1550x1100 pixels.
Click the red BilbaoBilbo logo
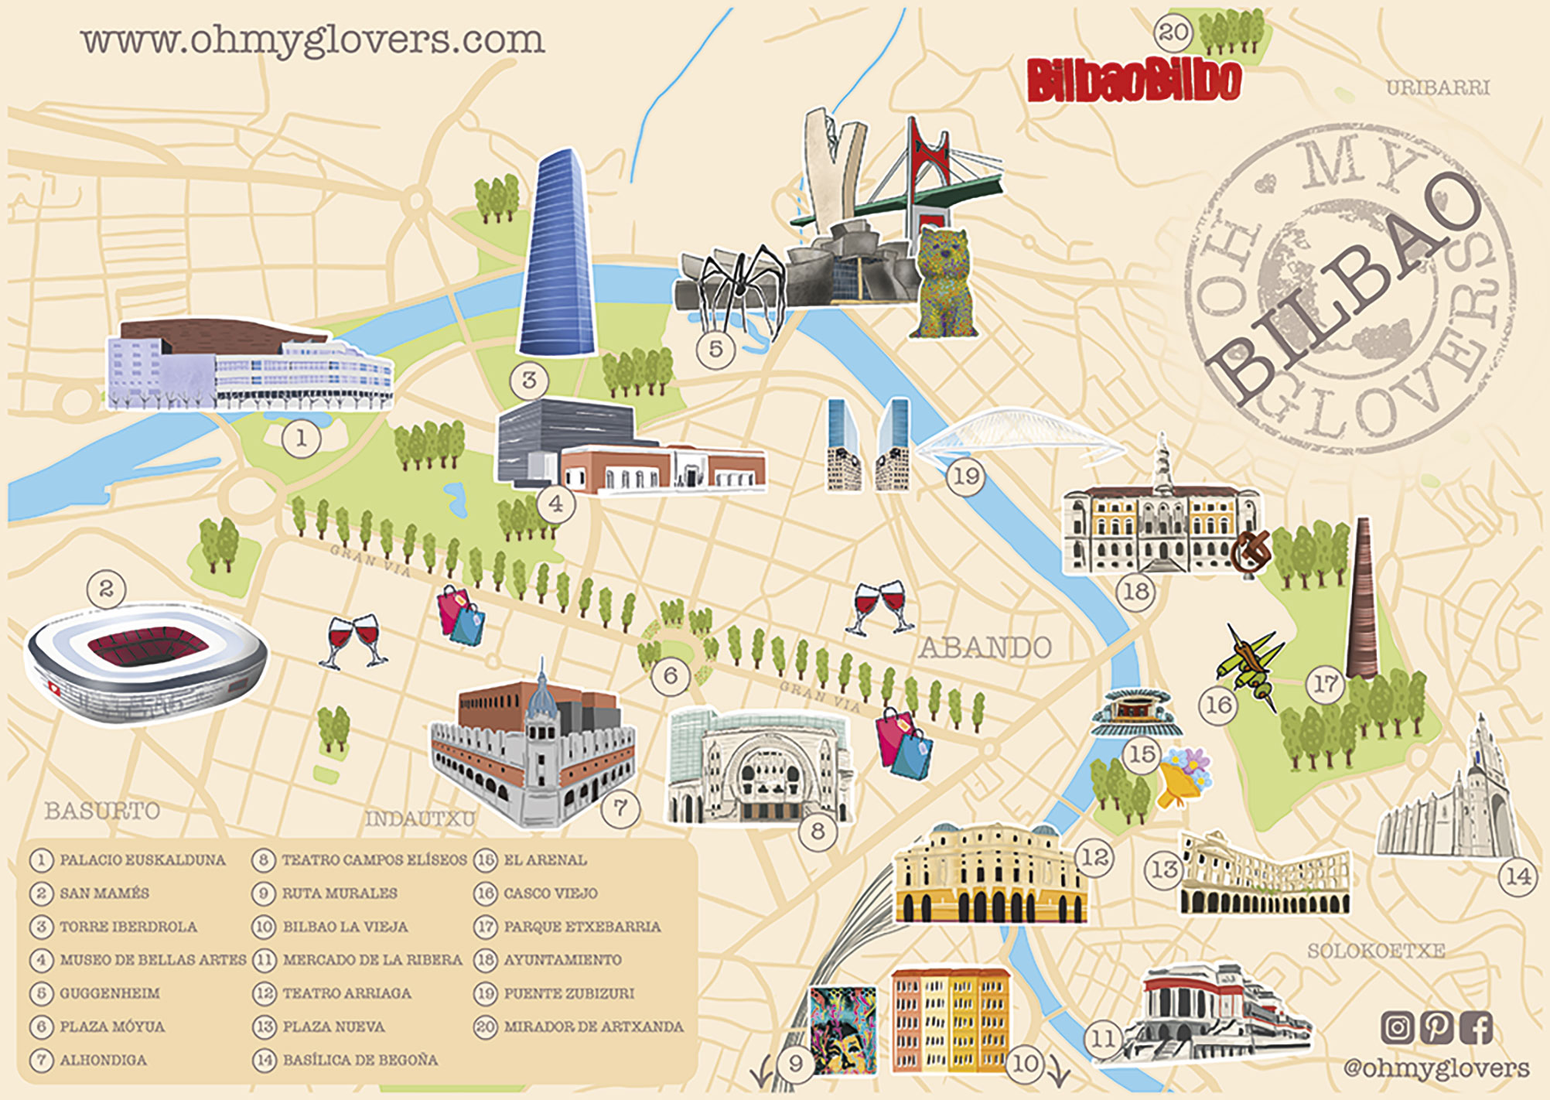tap(1134, 80)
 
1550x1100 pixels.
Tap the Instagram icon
tap(1397, 1027)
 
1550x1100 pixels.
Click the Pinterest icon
tap(1436, 1027)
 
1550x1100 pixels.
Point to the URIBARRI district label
tap(1437, 87)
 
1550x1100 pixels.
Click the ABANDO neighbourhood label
tap(985, 647)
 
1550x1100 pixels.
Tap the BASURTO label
tap(102, 811)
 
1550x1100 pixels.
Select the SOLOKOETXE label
tap(1375, 951)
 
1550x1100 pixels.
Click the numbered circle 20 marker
tap(1173, 32)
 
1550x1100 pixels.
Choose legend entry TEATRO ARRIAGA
tap(347, 993)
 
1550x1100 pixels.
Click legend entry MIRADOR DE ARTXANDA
tap(593, 1027)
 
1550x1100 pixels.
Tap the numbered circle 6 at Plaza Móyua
tap(670, 676)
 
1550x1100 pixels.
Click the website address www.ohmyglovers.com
tap(312, 40)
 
